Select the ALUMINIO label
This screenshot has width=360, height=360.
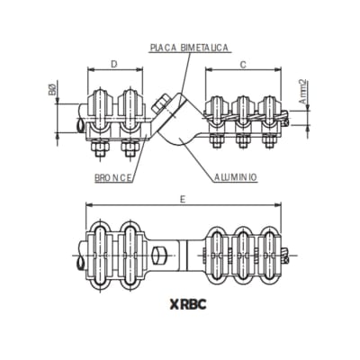click(236, 177)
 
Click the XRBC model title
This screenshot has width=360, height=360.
click(186, 304)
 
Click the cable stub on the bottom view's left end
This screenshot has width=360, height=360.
click(79, 261)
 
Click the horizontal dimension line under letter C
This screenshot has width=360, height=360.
click(244, 72)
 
